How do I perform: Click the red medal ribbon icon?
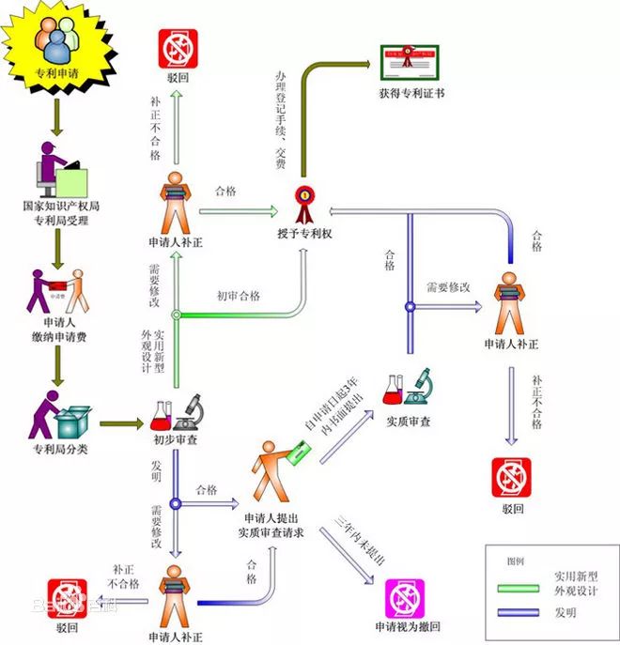pyautogui.click(x=302, y=198)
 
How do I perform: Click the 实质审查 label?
pyautogui.click(x=408, y=422)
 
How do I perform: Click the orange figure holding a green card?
pyautogui.click(x=276, y=469)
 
